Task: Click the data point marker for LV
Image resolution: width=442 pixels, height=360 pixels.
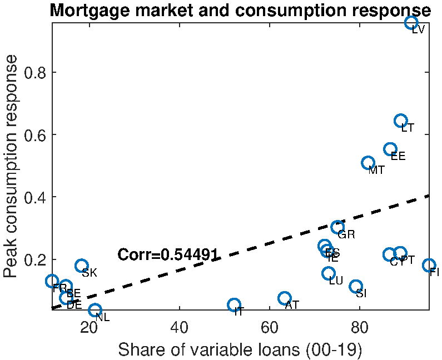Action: tap(411, 23)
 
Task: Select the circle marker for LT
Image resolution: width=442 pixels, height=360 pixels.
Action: tap(401, 121)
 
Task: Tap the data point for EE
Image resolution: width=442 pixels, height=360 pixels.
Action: tap(390, 149)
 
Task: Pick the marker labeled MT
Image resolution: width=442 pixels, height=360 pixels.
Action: tap(367, 163)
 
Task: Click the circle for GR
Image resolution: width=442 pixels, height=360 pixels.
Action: tap(337, 227)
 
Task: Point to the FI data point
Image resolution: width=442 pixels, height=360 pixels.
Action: tap(429, 266)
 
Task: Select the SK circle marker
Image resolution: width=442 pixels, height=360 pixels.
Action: tap(82, 266)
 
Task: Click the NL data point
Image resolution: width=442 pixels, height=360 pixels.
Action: tap(95, 310)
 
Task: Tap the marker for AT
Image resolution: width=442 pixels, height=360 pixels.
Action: tap(285, 298)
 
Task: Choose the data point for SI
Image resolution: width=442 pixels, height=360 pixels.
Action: tap(356, 286)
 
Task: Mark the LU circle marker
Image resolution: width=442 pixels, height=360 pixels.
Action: tap(329, 273)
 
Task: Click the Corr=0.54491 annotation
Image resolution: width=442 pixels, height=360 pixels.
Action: tap(168, 255)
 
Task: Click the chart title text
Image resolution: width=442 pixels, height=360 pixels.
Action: tap(240, 11)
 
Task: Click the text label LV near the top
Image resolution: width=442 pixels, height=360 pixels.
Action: tap(418, 30)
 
